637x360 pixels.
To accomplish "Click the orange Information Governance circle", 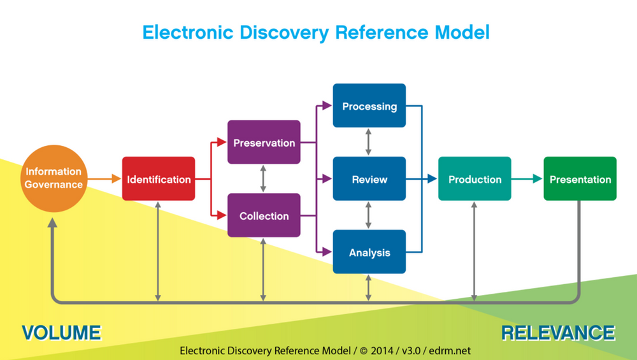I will click(x=54, y=179).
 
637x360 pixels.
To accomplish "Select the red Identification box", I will click(x=159, y=179).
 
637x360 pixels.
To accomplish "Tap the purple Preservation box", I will click(x=264, y=143).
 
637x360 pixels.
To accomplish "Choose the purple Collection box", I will click(x=264, y=216).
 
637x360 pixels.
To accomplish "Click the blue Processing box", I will click(x=369, y=106).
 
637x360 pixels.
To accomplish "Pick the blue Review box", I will click(x=369, y=179).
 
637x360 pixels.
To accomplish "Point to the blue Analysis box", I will click(x=369, y=252).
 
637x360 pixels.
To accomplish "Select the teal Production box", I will click(x=475, y=179).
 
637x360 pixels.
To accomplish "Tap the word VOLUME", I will click(x=61, y=333).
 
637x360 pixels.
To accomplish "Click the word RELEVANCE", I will click(x=558, y=333).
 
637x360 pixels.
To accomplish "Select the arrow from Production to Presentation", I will click(x=527, y=179).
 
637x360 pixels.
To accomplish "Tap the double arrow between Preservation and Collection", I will click(x=264, y=179).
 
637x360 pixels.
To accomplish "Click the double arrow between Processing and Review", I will click(x=369, y=143).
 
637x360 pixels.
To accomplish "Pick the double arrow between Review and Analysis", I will click(x=369, y=216).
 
